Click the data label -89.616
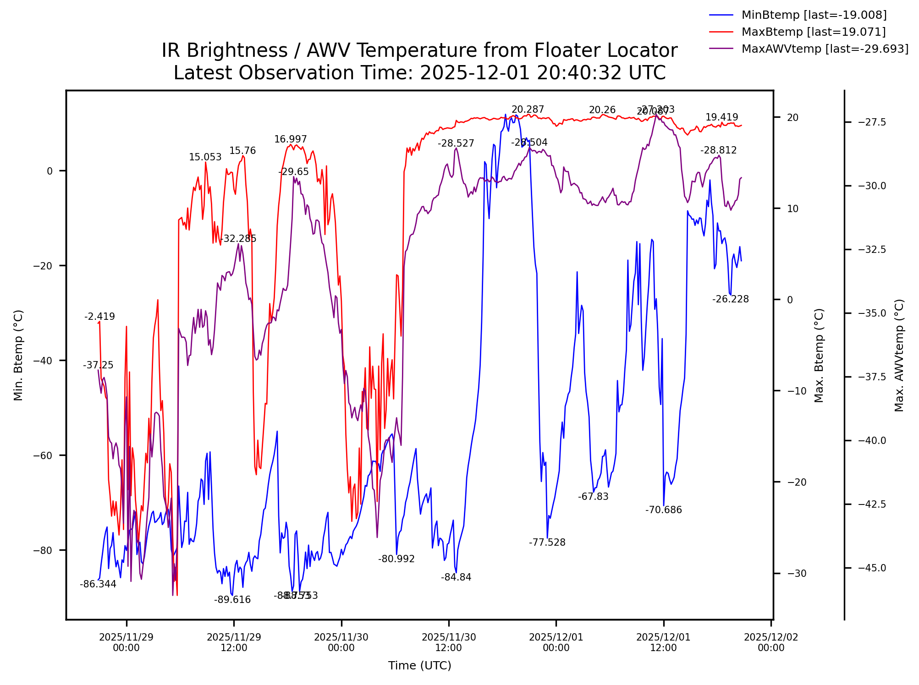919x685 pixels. (232, 600)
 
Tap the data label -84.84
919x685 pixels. (456, 577)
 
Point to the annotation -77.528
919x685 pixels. (547, 543)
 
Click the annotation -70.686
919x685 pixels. (664, 510)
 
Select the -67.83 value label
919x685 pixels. (593, 497)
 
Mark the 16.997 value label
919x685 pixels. (291, 139)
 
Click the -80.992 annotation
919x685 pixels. (396, 559)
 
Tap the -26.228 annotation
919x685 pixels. (731, 299)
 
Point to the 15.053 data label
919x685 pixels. (205, 157)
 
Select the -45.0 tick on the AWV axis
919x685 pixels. (872, 568)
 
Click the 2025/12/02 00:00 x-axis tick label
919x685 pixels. (771, 642)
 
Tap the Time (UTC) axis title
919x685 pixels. (420, 666)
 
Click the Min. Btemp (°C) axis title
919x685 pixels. (18, 356)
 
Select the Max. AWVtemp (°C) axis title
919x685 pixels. (899, 356)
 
